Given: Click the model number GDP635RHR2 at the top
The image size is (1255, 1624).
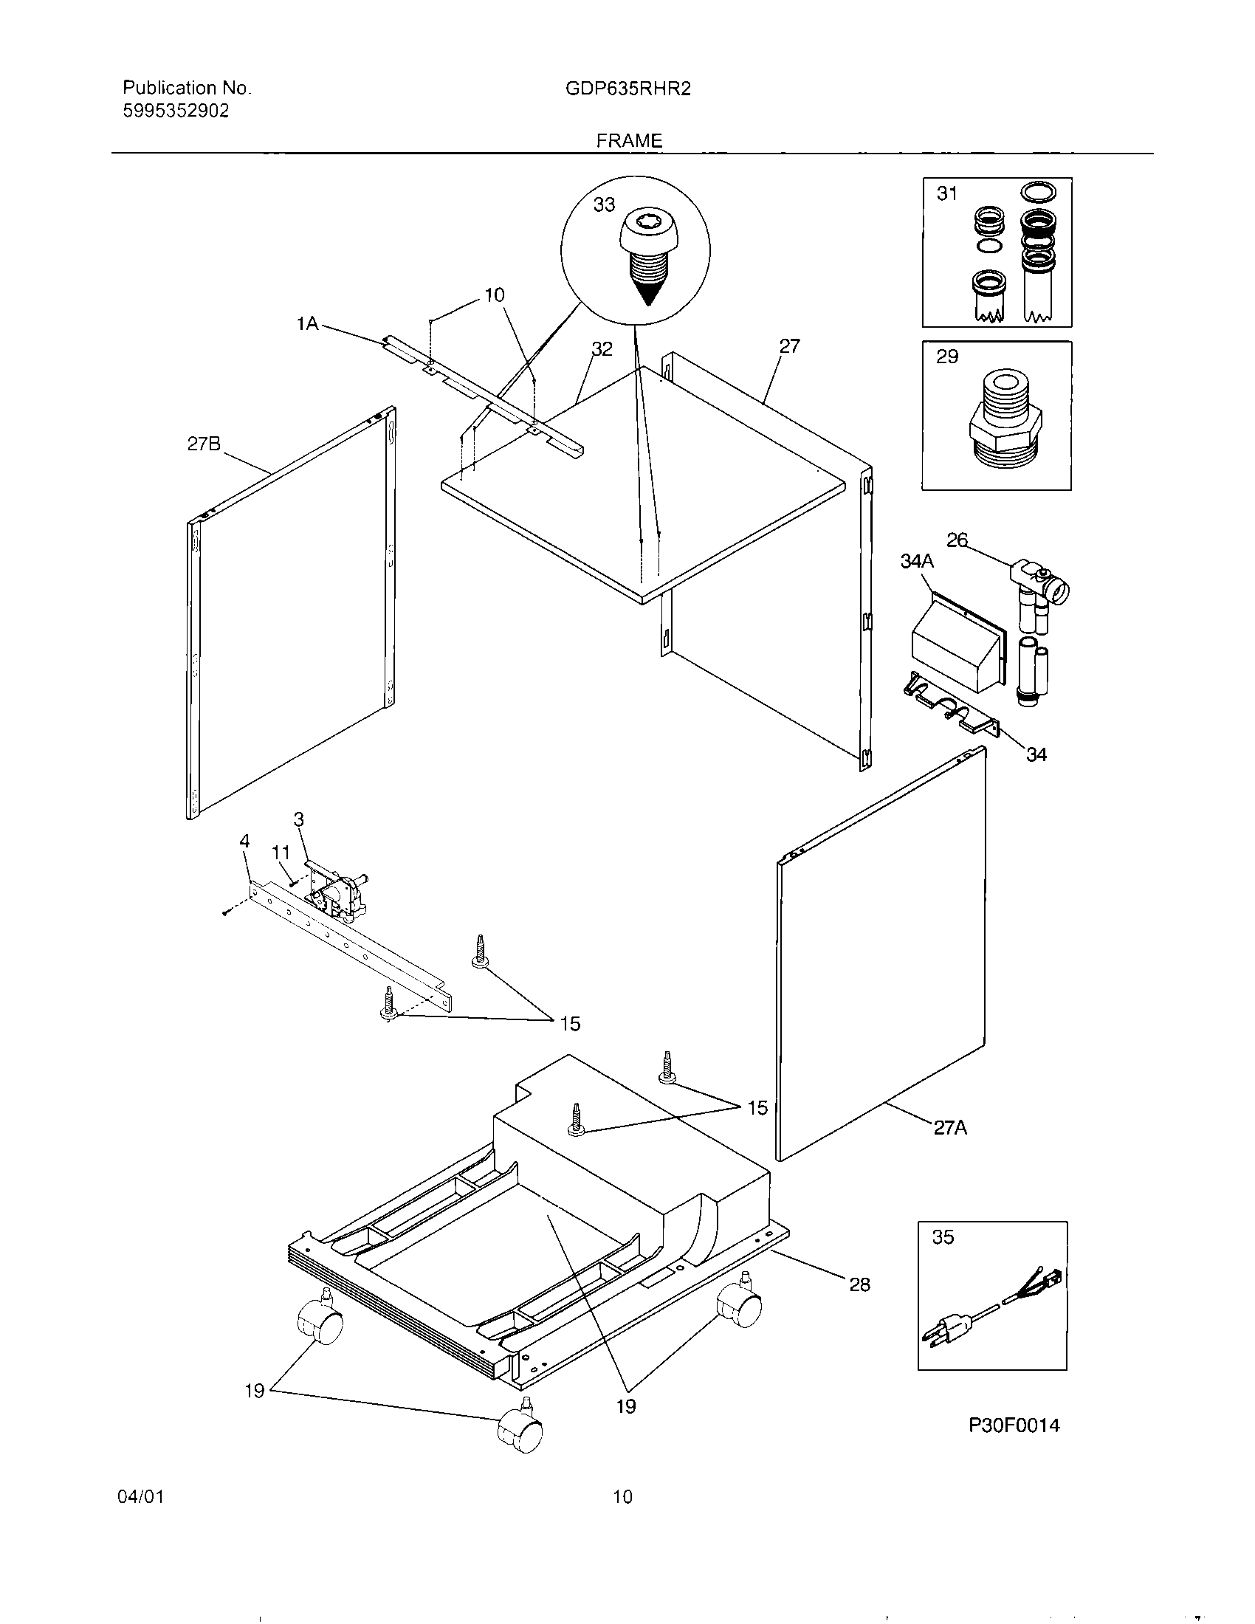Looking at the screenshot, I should (x=628, y=89).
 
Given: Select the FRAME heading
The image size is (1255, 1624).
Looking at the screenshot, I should (x=629, y=140).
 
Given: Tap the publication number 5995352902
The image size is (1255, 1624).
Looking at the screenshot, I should (x=176, y=111).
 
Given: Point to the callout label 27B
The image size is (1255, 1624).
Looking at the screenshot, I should (x=204, y=444).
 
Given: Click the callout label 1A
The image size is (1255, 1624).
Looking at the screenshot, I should (x=307, y=323).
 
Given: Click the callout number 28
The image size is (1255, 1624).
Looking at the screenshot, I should (x=859, y=1284).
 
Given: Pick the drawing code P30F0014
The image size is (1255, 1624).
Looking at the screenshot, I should (x=1014, y=1425).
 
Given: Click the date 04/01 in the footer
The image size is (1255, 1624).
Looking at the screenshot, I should (x=140, y=1496).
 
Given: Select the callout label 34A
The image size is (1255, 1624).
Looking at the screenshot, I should (x=917, y=562).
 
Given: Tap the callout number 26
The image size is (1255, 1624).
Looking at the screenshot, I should (x=957, y=540).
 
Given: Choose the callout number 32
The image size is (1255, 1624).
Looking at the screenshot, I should (x=602, y=348).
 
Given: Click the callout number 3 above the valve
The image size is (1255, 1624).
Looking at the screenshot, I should (x=299, y=819).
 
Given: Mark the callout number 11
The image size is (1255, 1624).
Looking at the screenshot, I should (x=281, y=853).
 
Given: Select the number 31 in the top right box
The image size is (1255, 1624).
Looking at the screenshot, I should (x=946, y=194).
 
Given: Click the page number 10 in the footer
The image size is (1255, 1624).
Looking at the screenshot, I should (x=622, y=1496).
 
